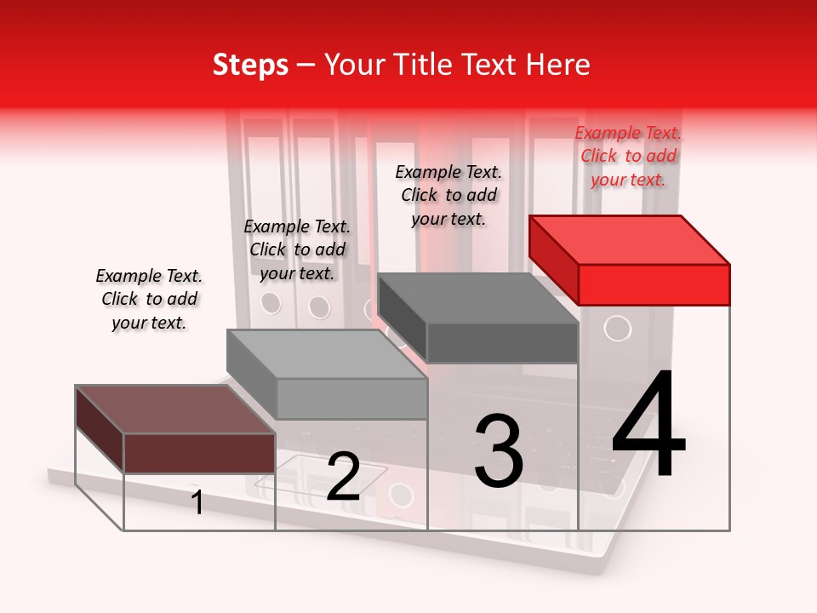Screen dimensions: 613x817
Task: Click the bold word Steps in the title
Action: [250, 66]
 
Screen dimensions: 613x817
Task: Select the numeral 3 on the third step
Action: [498, 450]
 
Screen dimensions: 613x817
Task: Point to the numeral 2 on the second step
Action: [343, 477]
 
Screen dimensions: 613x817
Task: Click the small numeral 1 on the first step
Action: [197, 502]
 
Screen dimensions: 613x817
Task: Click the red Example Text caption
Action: [628, 156]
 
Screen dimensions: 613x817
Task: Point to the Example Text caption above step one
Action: [149, 299]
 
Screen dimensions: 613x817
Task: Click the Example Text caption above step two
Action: [297, 249]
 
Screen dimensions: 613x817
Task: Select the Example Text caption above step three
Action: [448, 195]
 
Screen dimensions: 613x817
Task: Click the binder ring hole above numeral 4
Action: [617, 328]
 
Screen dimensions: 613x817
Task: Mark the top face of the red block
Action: [629, 239]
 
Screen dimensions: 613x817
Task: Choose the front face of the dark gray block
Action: [502, 343]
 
